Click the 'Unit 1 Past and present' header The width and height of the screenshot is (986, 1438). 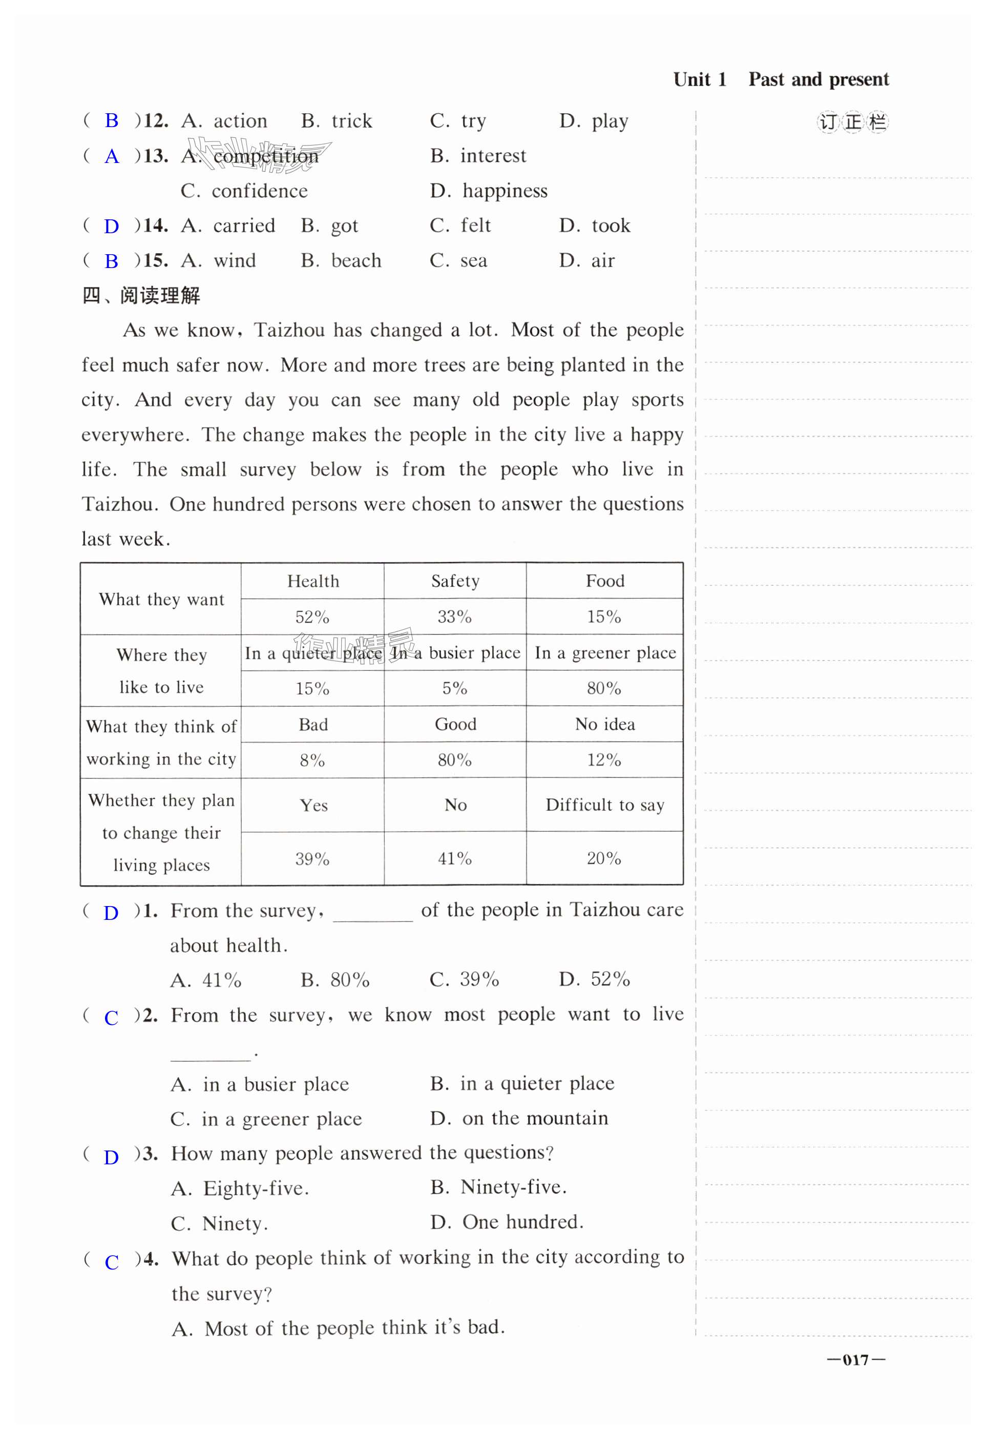[780, 79]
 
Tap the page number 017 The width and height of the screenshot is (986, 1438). [855, 1360]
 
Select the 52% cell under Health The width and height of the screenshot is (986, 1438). [312, 617]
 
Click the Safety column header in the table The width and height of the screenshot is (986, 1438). [455, 581]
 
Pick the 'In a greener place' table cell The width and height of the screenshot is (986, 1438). [604, 653]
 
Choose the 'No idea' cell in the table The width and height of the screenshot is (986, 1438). [604, 724]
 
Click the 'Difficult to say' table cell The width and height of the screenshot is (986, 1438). [604, 805]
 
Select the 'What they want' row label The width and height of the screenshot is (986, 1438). [161, 599]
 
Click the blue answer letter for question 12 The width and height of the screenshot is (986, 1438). [111, 120]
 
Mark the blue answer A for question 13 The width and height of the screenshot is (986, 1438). [111, 156]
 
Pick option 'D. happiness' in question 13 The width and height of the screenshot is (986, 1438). [489, 191]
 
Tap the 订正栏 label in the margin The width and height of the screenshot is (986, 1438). [852, 122]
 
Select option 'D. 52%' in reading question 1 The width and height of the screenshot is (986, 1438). [594, 979]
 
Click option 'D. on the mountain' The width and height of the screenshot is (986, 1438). [519, 1118]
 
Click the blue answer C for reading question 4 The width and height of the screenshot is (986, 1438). [111, 1262]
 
